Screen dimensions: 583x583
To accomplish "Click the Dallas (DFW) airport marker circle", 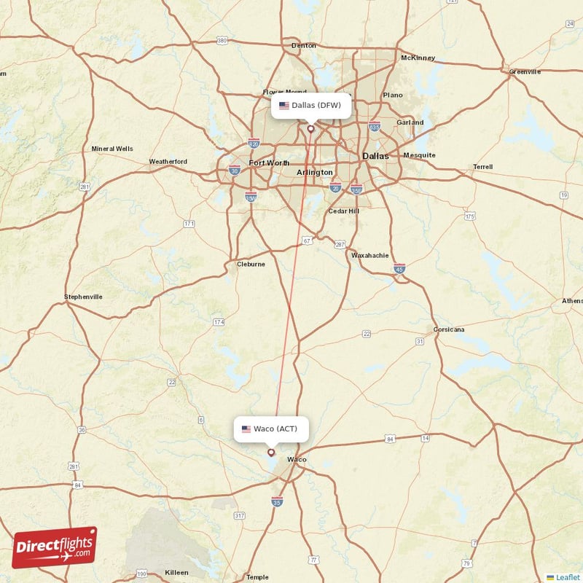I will [x=310, y=129].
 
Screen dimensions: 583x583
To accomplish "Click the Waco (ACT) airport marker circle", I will [x=271, y=452].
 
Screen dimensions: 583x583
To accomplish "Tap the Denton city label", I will [x=304, y=45].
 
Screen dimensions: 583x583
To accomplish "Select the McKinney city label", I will [x=418, y=58].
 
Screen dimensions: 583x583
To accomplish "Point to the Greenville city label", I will [x=525, y=71].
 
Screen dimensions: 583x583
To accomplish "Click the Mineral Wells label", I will [x=112, y=149].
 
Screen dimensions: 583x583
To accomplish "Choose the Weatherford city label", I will [x=168, y=161].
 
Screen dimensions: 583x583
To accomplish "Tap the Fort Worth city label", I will [x=269, y=163].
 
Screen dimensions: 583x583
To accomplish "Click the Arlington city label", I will [x=315, y=172].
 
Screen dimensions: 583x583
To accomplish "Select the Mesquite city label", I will [x=419, y=154].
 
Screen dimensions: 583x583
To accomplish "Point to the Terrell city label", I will [x=482, y=166].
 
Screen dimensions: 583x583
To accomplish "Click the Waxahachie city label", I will [x=371, y=256].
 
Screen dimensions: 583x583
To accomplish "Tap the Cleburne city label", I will [x=251, y=264].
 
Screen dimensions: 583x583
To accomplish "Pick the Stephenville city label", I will [x=83, y=297].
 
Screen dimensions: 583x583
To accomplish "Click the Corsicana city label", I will [x=449, y=329].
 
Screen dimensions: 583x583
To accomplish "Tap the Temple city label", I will [x=257, y=576].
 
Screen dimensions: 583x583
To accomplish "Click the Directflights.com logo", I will [x=55, y=547].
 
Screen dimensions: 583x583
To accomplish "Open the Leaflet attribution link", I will [x=567, y=576].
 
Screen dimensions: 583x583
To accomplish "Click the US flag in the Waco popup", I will [x=246, y=429].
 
